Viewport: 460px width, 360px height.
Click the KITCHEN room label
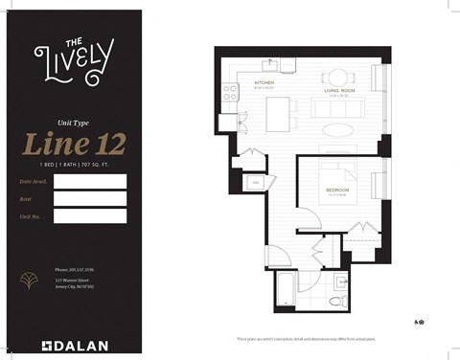point(264,83)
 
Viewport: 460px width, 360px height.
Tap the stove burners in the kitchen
point(231,93)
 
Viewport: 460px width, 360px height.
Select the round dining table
point(337,78)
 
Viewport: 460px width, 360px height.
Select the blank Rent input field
point(90,198)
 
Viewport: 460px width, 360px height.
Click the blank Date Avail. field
point(90,181)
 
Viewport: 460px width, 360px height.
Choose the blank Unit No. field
point(90,215)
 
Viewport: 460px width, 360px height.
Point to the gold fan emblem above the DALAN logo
point(26,281)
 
